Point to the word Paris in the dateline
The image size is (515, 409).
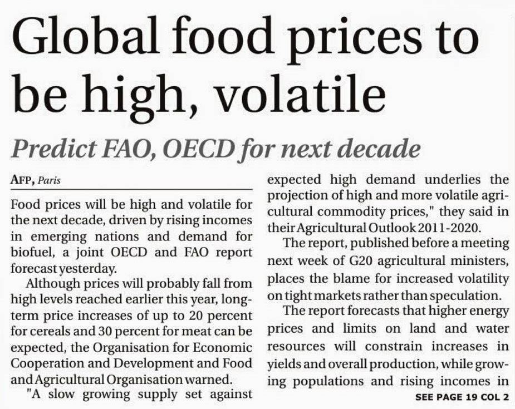point(50,181)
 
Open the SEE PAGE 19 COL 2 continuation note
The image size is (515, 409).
point(462,397)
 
